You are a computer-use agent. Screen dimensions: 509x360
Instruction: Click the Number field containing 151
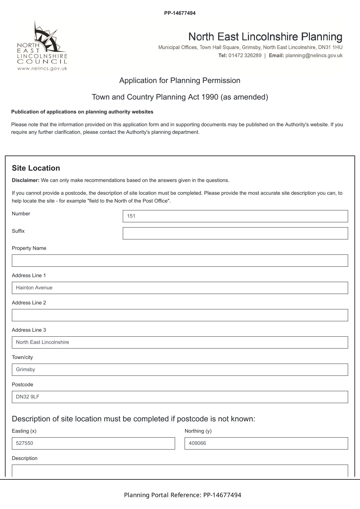pos(235,216)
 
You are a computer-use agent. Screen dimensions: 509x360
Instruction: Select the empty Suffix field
pos(235,233)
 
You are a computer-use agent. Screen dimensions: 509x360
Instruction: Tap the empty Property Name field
pos(180,261)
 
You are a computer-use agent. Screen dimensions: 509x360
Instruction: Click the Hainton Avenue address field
pos(180,288)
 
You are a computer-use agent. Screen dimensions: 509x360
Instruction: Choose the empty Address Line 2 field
pos(180,315)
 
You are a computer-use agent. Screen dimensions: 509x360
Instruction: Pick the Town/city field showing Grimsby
pos(180,370)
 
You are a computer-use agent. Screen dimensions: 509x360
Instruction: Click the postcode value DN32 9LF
pos(28,397)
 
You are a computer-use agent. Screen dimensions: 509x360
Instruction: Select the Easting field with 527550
pos(93,443)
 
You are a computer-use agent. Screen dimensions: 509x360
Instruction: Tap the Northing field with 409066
pos(266,443)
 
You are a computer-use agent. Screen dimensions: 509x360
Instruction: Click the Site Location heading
pos(36,168)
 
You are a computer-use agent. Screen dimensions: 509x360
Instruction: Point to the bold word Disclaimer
pos(26,180)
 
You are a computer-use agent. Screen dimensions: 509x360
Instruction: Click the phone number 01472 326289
pos(245,55)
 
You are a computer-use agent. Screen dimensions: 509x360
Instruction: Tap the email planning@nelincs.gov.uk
pos(314,55)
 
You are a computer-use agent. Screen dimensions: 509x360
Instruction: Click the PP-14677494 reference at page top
pos(180,13)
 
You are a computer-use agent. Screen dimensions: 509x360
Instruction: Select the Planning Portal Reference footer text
pos(182,495)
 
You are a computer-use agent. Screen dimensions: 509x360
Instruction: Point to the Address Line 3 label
pos(29,330)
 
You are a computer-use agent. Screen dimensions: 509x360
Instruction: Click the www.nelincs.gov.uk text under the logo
pos(42,68)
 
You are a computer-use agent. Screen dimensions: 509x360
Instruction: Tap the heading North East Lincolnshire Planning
pos(265,37)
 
